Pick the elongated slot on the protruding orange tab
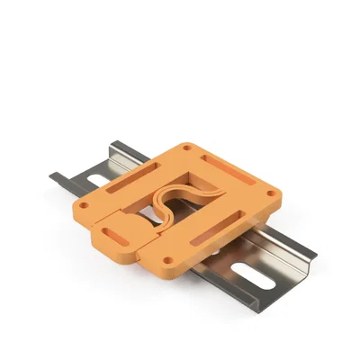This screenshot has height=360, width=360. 114,236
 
